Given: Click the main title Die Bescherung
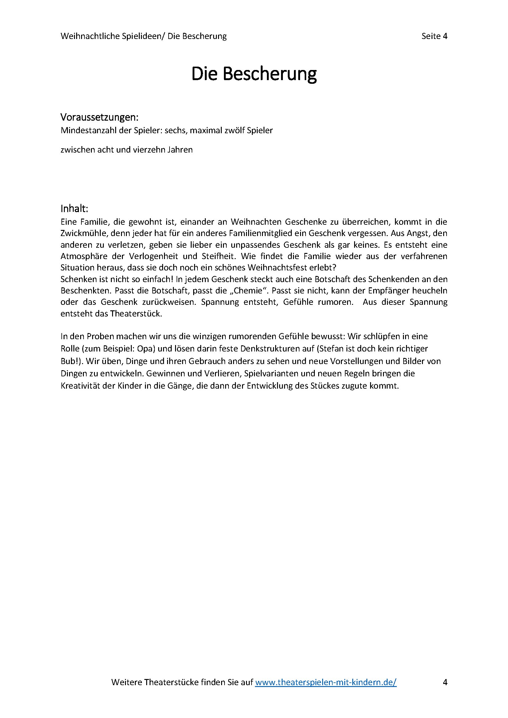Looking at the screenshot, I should point(254,74).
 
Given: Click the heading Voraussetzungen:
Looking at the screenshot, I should point(99,117).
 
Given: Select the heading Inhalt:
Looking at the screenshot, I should point(74,208).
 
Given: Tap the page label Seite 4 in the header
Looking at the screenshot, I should point(434,36).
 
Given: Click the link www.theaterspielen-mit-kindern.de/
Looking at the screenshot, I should point(326,682).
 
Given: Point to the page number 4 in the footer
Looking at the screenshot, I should point(445,682).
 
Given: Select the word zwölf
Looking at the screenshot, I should point(234,130).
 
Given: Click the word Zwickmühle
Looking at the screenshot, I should point(84,233).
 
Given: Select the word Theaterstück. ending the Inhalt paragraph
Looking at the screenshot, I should point(136,314).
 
